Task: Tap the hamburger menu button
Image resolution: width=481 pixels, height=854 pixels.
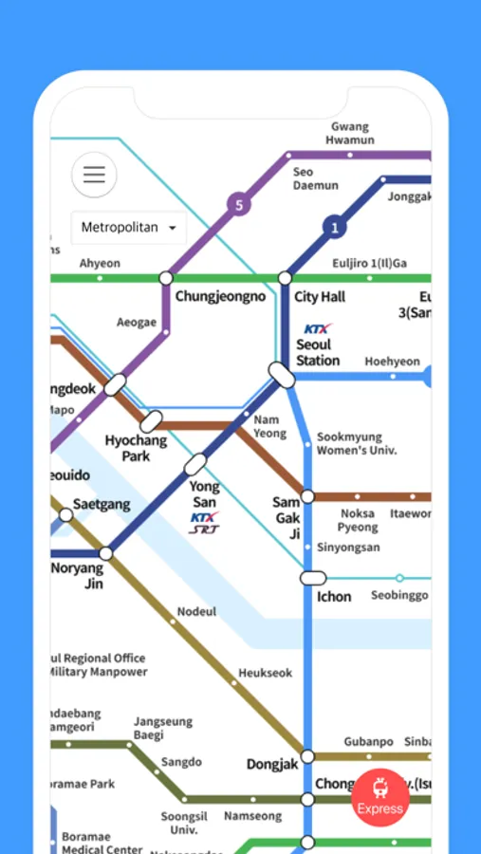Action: (94, 175)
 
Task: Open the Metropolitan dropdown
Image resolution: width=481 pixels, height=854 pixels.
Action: (129, 228)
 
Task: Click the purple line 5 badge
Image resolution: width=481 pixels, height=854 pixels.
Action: (239, 204)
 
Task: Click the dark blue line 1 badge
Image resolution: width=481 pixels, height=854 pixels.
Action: (333, 227)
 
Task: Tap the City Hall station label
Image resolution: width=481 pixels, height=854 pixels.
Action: (319, 297)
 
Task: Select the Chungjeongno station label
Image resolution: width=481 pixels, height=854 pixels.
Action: (220, 297)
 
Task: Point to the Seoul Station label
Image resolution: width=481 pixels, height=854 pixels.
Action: (317, 353)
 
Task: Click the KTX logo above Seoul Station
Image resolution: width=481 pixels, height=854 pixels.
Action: (317, 329)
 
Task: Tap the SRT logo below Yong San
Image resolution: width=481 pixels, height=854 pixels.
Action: (203, 530)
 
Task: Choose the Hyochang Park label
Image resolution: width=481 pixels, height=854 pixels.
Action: (135, 448)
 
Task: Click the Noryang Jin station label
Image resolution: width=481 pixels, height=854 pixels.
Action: (77, 576)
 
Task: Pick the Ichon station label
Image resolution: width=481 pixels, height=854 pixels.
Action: (334, 597)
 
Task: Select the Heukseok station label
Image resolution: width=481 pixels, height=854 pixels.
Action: (265, 673)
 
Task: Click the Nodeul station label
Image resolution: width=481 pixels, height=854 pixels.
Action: (197, 612)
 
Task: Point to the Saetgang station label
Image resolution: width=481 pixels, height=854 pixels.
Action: (102, 505)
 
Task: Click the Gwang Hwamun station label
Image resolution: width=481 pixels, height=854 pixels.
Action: (350, 134)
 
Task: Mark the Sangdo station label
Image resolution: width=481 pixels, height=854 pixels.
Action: (181, 762)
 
